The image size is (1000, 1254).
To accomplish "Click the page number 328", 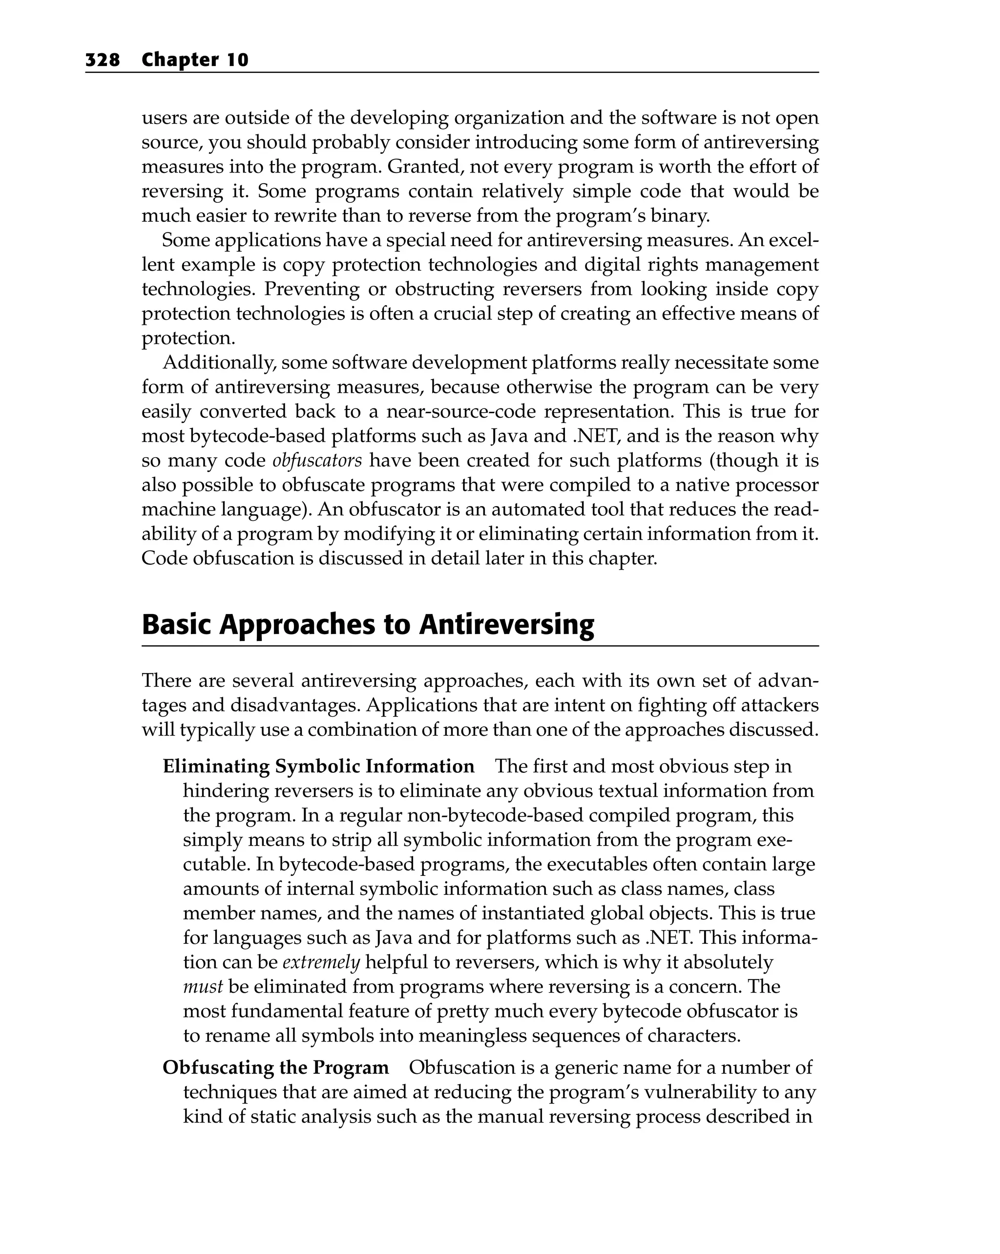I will click(x=103, y=60).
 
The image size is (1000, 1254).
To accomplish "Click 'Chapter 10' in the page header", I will click(x=195, y=60).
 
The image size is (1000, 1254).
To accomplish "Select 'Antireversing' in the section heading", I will click(x=506, y=625).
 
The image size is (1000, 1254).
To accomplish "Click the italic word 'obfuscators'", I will click(x=317, y=461).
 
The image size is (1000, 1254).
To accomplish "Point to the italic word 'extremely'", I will click(x=321, y=962).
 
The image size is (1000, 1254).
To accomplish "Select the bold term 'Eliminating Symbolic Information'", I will click(x=318, y=766).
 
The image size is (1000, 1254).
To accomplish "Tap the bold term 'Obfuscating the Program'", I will click(x=275, y=1068).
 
